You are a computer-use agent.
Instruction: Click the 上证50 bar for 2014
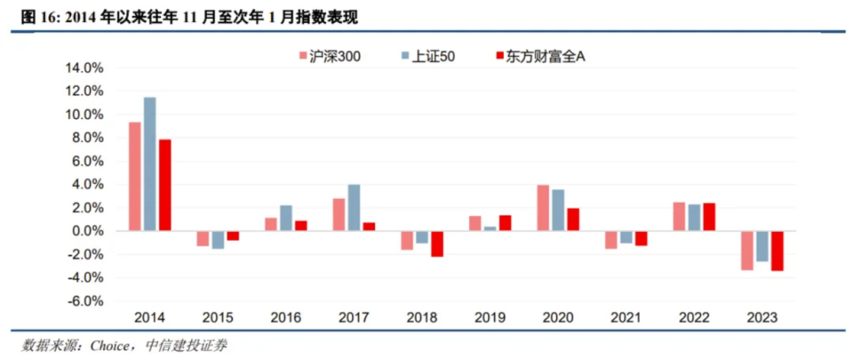pyautogui.click(x=150, y=164)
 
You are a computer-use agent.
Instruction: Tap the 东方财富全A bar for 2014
pyautogui.click(x=165, y=186)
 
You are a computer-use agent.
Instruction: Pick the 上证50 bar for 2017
pyautogui.click(x=354, y=208)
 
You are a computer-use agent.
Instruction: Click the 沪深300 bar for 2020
pyautogui.click(x=543, y=208)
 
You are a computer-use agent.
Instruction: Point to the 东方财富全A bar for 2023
pyautogui.click(x=776, y=251)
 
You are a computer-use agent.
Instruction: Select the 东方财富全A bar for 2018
pyautogui.click(x=437, y=244)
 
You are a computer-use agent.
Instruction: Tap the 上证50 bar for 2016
pyautogui.click(x=286, y=218)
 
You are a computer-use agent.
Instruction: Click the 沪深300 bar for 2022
pyautogui.click(x=678, y=216)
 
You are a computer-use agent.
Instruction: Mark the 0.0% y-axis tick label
pyautogui.click(x=88, y=231)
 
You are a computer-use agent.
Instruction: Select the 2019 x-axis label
pyautogui.click(x=490, y=318)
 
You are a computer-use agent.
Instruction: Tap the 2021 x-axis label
pyautogui.click(x=626, y=318)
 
